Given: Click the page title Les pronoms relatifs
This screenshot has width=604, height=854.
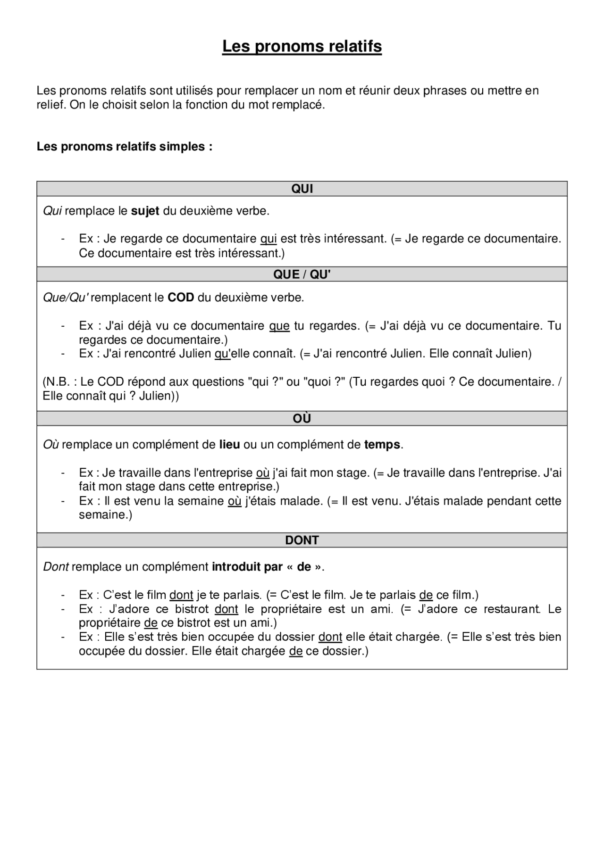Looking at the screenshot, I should point(302,46).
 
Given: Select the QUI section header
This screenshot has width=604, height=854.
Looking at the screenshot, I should point(302,189).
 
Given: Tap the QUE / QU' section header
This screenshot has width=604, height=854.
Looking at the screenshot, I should point(302,274).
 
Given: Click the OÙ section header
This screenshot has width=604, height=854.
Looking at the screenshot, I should point(302,419).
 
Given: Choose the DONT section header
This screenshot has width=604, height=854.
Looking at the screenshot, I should point(302,540).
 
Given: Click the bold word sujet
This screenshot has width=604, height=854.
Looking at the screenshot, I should point(145,211).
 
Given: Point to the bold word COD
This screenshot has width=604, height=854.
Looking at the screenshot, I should point(181,298).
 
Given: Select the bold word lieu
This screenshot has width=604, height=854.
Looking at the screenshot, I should point(229,445).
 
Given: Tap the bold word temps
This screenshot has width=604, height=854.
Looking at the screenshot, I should point(382,445).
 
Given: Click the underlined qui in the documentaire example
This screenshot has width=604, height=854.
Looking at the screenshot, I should point(268,239).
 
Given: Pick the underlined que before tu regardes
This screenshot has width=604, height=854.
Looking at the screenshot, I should point(279,326).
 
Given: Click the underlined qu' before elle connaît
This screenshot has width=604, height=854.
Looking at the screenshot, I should point(222,354).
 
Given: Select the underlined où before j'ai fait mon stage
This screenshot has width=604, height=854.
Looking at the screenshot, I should point(262,473).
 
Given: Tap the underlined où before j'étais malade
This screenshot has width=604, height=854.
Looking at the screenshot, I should point(234,501).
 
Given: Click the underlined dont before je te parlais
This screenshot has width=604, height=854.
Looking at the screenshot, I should point(181,595).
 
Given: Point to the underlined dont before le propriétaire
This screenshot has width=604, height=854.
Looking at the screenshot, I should point(226,609).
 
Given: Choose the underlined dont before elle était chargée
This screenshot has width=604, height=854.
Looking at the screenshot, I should point(330,637).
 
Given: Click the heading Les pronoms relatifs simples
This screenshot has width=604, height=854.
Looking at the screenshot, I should point(125,147).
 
